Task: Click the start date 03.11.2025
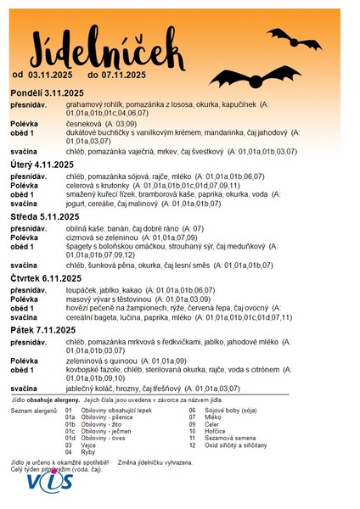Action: pyautogui.click(x=50, y=76)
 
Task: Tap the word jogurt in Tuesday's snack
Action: pyautogui.click(x=76, y=204)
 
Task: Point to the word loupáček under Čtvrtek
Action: pyautogui.click(x=82, y=290)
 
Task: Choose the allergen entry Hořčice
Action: pyautogui.click(x=217, y=430)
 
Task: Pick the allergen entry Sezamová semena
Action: pyautogui.click(x=230, y=438)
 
